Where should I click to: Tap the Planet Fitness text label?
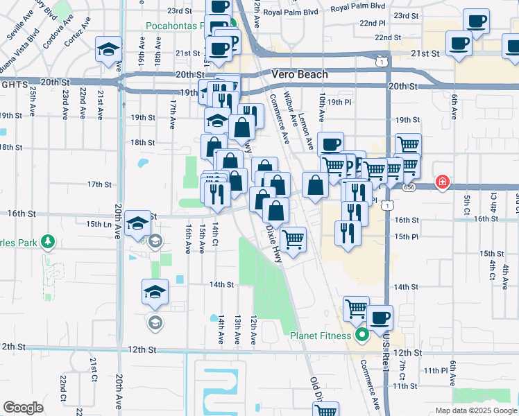tap(321, 338)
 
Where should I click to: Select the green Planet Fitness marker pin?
tap(361, 337)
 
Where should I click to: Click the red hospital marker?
tap(441, 183)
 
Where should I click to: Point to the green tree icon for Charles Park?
tap(47, 242)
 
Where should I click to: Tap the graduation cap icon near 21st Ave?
tap(108, 49)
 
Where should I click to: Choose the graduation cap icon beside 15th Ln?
tap(138, 223)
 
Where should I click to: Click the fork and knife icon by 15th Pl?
tap(347, 233)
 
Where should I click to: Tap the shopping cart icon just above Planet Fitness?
tap(356, 307)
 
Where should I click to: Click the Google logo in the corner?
tap(23, 408)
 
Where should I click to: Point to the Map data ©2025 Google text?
tap(475, 410)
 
